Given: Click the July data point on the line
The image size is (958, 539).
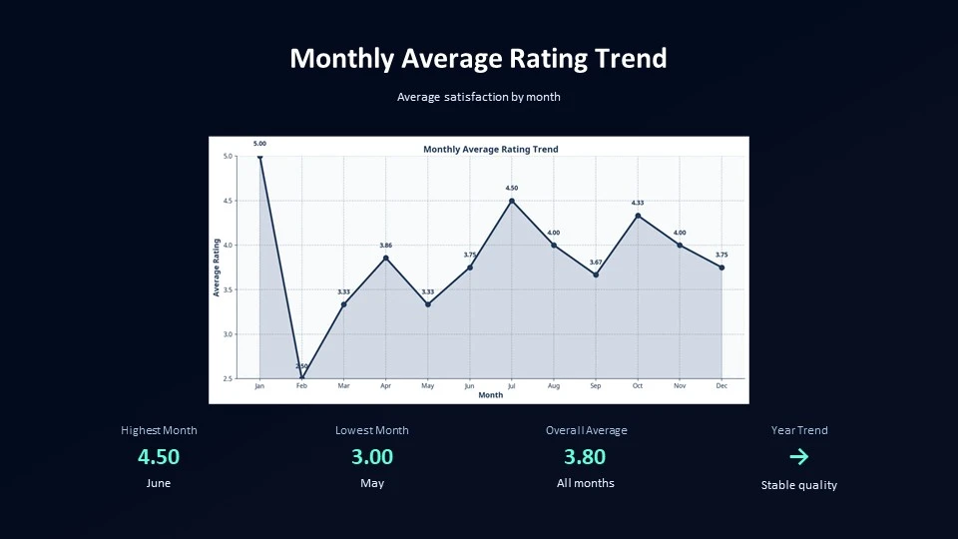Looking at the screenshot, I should [x=512, y=201].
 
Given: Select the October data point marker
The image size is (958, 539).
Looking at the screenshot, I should [x=638, y=216].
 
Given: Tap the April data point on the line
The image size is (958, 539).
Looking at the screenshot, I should [x=386, y=258].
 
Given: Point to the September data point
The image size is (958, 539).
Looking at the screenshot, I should [x=596, y=274].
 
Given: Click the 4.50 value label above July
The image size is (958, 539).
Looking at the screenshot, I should [x=512, y=188].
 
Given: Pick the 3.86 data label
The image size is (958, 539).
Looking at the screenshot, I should [x=386, y=245].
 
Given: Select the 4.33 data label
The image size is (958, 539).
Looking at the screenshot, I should [x=638, y=203].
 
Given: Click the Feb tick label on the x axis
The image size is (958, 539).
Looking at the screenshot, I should [x=301, y=385].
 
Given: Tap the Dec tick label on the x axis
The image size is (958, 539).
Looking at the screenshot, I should [x=721, y=385].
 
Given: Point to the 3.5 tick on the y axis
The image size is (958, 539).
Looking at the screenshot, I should [x=228, y=289].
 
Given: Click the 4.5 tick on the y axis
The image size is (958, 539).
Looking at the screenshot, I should [x=228, y=201].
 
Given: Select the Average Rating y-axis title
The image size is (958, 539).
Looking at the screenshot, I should [x=217, y=268].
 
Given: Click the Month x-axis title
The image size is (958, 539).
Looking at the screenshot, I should [x=491, y=395].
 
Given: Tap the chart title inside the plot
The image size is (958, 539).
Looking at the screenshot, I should [x=491, y=149].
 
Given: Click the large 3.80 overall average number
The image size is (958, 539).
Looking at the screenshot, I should [x=585, y=457].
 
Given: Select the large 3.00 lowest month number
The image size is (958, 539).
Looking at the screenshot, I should [x=372, y=457].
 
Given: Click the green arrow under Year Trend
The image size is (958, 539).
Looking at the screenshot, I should [x=798, y=457].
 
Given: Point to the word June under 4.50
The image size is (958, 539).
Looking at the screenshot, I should [x=159, y=483].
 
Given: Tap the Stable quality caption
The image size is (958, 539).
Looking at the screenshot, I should [x=798, y=485].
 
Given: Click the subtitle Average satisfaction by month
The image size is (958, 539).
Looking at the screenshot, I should [x=479, y=97].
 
